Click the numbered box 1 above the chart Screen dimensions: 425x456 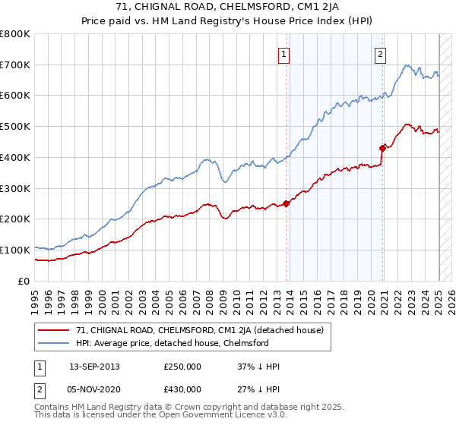[283, 54]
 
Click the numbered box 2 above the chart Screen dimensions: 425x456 [379, 54]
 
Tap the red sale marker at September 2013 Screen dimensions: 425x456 [287, 203]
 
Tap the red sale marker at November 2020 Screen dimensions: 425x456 [383, 147]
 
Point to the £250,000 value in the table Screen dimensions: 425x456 [182, 367]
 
